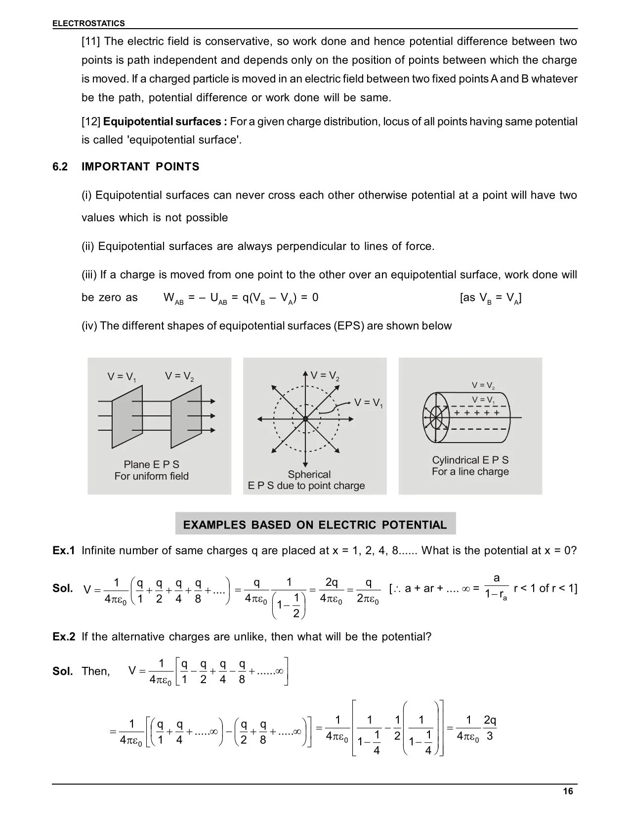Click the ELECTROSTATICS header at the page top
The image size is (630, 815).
(x=89, y=23)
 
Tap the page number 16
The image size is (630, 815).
(x=568, y=791)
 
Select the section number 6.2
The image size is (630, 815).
(x=60, y=167)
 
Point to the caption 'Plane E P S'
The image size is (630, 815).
(x=151, y=464)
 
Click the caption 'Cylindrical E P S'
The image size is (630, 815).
(x=470, y=460)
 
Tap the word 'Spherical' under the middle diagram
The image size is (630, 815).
(x=309, y=474)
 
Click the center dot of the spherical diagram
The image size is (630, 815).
(x=305, y=419)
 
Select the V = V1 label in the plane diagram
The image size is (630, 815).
(x=122, y=377)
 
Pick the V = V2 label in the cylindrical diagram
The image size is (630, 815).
(x=483, y=385)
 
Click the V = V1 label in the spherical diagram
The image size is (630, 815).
(x=369, y=403)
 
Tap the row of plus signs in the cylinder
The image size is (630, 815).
(x=476, y=412)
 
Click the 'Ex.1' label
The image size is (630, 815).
(x=64, y=550)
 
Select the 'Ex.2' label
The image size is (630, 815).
(x=64, y=637)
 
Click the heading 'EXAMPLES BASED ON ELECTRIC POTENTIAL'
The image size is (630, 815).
(x=315, y=525)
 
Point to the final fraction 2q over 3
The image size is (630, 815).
(x=490, y=728)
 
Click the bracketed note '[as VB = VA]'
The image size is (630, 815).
(x=491, y=298)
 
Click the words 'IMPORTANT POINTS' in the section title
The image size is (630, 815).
(x=140, y=167)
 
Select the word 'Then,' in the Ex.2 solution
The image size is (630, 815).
(x=96, y=671)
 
